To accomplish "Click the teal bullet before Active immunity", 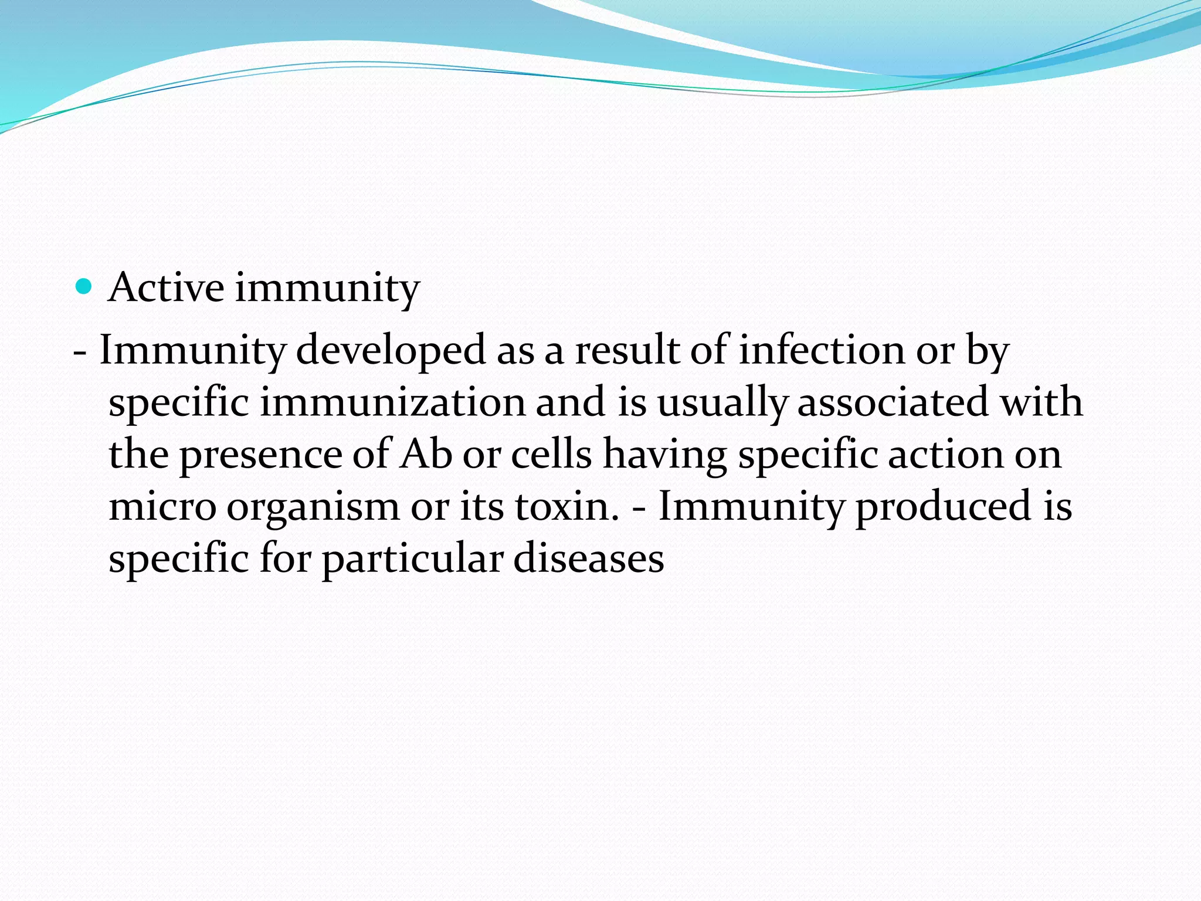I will pos(85,287).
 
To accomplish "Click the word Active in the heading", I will pos(166,288).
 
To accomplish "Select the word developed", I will pos(391,350).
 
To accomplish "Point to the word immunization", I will pos(392,402).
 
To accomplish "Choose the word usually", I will pos(721,402).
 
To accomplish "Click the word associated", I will pos(894,402).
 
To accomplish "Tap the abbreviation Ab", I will pos(426,455).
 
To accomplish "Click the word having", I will pos(665,455).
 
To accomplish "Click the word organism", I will pos(313,506).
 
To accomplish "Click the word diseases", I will pos(589,558).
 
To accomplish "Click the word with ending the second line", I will pos(1040,402).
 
